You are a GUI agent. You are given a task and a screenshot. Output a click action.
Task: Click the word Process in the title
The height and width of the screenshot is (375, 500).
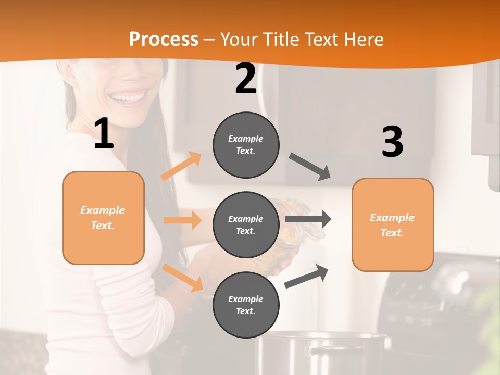point(164,39)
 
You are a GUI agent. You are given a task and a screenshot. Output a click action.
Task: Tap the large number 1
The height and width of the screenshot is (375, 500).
point(104,134)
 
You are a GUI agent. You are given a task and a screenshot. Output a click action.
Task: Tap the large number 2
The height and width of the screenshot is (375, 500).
point(245,79)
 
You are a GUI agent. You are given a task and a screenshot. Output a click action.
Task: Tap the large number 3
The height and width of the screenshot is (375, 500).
point(392,142)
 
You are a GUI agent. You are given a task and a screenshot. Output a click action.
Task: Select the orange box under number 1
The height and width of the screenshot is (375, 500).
point(103,218)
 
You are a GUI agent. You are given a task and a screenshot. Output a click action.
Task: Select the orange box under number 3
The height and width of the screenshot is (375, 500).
point(393,224)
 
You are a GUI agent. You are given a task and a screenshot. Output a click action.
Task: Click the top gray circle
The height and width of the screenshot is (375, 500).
point(246,145)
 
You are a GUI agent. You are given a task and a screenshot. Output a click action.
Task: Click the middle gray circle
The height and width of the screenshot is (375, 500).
point(246,224)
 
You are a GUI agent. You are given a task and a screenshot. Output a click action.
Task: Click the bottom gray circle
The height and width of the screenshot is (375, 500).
point(246,305)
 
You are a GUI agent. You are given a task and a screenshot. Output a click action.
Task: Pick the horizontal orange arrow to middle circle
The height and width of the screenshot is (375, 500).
point(182,220)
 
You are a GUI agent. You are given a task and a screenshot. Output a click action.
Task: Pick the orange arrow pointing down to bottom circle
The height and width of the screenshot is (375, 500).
point(183,278)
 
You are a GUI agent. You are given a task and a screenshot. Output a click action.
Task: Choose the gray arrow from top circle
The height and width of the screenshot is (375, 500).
point(310,167)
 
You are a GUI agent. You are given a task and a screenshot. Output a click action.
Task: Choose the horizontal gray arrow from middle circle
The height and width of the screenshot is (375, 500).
point(308,219)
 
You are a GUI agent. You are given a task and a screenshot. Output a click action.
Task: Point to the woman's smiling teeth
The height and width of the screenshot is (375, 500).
point(128,98)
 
